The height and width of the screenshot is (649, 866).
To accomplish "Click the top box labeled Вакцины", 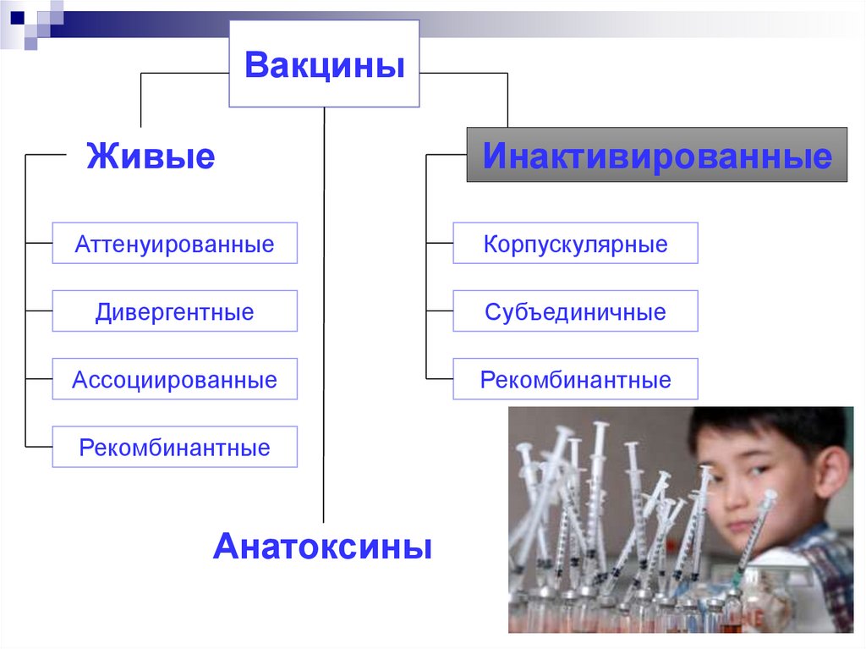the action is point(324,64).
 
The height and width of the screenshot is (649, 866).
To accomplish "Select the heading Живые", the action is point(150,157).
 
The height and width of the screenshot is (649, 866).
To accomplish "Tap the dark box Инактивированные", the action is point(656,155).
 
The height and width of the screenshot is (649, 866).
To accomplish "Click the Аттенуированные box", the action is point(174,244).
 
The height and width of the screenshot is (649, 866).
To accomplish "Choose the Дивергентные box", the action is point(174,311).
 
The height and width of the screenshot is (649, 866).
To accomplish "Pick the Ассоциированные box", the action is point(174,379).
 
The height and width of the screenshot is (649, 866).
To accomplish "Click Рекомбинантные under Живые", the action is point(174,447).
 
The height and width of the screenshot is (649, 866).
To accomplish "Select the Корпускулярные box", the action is point(575,244).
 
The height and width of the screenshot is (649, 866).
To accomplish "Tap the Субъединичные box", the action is point(575,311).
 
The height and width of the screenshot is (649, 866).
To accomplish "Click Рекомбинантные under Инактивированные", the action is point(575,379).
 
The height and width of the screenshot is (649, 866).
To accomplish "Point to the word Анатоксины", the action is point(322,546).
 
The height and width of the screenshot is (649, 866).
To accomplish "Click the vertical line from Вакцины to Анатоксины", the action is point(324,338).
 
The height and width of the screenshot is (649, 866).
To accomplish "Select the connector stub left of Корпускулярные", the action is point(439,244).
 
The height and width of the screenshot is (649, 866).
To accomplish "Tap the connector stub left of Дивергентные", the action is point(39,311).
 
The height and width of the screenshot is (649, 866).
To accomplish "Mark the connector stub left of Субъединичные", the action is point(439,311).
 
